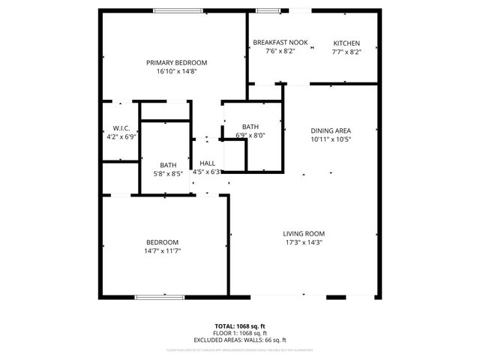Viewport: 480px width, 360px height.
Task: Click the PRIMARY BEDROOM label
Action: click(176, 62)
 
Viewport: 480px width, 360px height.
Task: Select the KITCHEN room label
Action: click(346, 43)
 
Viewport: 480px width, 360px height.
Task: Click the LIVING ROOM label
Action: click(303, 233)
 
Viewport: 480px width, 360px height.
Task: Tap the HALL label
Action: click(207, 163)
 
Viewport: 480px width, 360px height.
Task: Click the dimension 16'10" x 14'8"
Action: click(176, 71)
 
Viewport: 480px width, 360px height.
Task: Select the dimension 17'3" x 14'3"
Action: click(303, 242)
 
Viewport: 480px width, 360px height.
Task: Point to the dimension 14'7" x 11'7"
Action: click(162, 250)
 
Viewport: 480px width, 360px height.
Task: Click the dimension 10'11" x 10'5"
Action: click(331, 139)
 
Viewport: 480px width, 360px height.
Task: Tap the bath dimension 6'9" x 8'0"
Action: click(250, 135)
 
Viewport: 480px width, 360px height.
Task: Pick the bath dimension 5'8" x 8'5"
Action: click(168, 174)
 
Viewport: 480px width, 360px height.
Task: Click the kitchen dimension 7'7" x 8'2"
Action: click(346, 52)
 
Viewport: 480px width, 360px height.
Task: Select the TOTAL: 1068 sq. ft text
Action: click(240, 326)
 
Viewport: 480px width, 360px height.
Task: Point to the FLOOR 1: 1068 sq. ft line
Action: click(240, 333)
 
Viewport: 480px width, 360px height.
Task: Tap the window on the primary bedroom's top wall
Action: click(178, 10)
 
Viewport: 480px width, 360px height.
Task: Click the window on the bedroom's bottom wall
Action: click(160, 298)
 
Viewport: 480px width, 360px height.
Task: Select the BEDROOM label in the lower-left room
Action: click(162, 241)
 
